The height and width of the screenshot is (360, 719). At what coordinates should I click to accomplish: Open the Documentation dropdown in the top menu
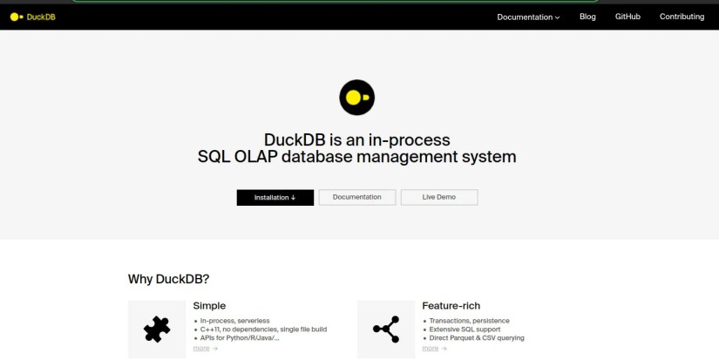pos(528,17)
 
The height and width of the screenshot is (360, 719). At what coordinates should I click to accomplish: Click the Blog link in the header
pos(587,17)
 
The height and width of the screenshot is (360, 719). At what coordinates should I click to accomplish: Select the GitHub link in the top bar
pos(627,17)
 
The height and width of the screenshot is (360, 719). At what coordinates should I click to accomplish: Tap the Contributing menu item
pos(682,17)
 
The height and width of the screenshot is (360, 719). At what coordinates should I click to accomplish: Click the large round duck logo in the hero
pos(356,97)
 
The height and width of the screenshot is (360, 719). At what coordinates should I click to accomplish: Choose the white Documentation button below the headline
pos(356,197)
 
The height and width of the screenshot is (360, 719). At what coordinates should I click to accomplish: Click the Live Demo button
pos(439,197)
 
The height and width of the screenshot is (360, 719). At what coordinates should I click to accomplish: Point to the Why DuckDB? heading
pos(168,279)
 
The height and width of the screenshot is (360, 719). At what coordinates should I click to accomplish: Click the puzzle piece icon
pos(156,329)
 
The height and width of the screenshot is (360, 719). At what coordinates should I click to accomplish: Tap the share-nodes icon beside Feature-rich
pos(385,329)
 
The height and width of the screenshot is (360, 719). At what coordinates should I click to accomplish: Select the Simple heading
pos(209,306)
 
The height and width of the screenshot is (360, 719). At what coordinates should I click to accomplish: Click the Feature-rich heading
pos(452,306)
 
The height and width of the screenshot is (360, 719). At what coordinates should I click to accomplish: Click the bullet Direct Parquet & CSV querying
pos(476,338)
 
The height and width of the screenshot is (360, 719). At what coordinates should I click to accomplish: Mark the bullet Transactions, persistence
pos(469,321)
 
